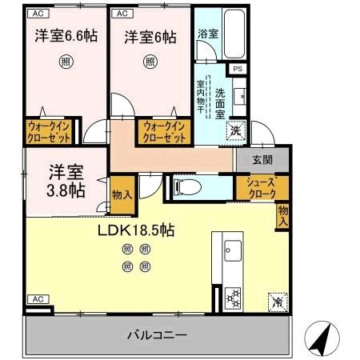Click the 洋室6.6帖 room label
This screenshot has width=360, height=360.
pos(66,37)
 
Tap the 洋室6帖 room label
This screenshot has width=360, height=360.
pos(150,37)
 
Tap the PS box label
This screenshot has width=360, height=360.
pos(237,70)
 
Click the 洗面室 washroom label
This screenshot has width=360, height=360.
pos(221,102)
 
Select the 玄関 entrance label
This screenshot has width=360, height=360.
pos(262,159)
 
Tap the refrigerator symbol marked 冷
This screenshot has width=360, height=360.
pos(276,302)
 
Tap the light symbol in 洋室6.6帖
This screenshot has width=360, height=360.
pos(66,61)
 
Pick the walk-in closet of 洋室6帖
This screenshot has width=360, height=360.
pos(164,131)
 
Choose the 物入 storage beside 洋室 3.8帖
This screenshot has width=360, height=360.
pos(122,195)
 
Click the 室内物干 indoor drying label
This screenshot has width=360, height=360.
pos(202,98)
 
